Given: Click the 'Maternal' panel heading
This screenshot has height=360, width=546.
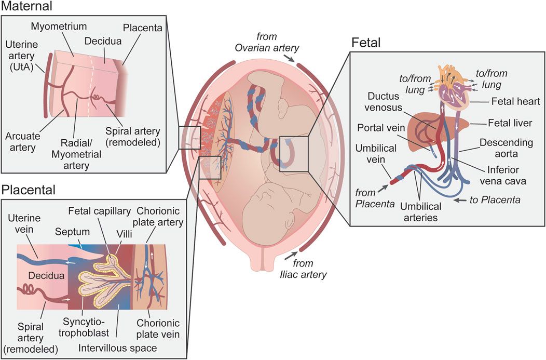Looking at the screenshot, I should click(x=27, y=7).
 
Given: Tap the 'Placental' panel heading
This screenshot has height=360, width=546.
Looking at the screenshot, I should click(x=29, y=190).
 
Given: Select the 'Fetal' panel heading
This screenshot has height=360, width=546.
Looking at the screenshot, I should click(x=366, y=43).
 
